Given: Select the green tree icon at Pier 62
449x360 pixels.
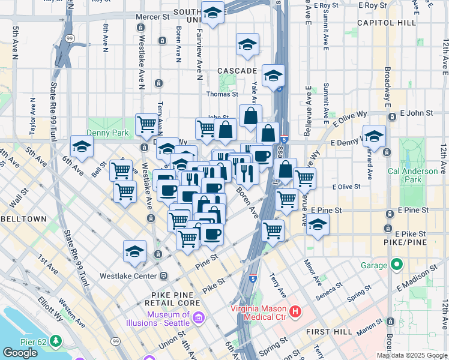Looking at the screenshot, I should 56,341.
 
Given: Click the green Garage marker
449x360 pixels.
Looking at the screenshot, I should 396,264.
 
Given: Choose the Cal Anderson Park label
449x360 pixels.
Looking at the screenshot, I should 413,174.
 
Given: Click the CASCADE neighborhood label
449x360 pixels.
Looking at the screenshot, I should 237,71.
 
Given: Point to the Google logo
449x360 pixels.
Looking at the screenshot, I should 20,353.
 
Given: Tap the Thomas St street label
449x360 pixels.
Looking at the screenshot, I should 223,94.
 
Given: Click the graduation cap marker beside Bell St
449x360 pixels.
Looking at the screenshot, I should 82,146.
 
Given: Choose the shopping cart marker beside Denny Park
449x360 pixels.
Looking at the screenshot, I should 146,125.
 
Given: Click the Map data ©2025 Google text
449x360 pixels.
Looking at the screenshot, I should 412,355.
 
